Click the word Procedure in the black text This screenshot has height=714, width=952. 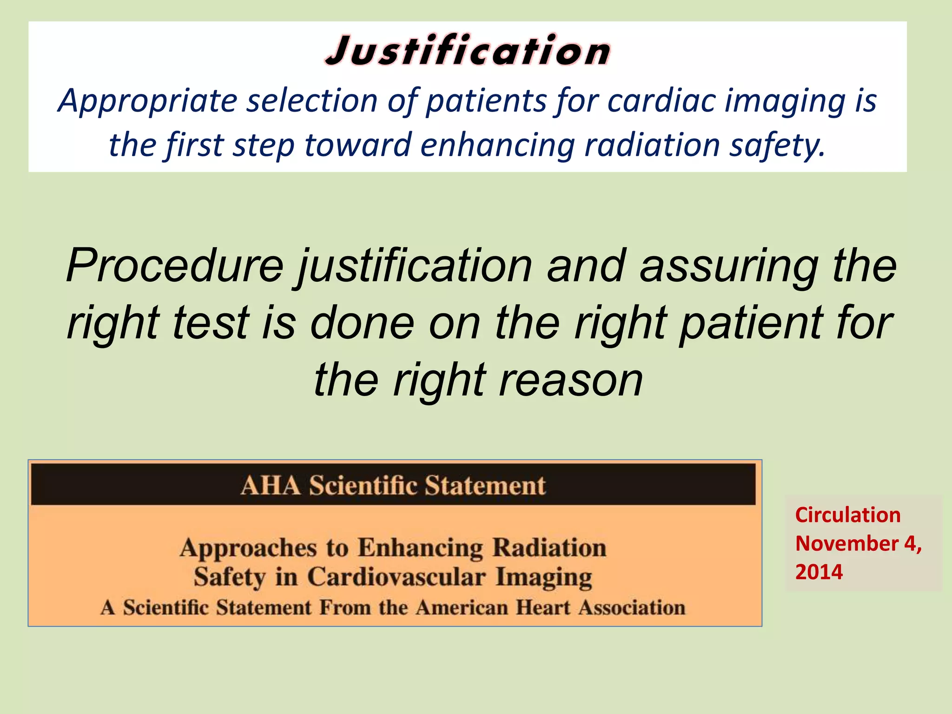(x=175, y=266)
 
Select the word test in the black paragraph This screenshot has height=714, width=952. (x=212, y=323)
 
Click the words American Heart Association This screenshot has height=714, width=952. (x=550, y=608)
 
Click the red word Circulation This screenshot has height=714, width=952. (x=848, y=515)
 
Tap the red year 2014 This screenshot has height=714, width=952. (x=819, y=572)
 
